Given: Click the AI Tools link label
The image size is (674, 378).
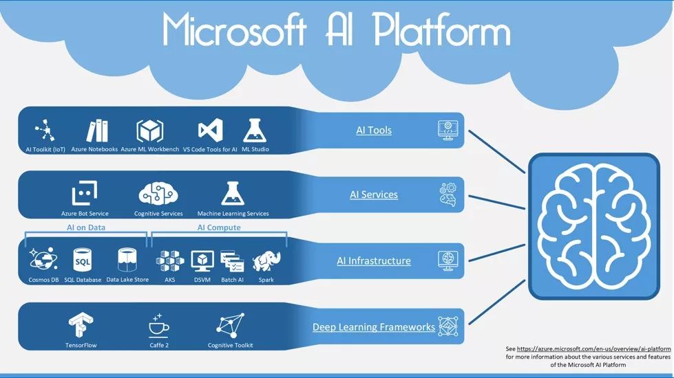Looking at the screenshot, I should pos(374,130).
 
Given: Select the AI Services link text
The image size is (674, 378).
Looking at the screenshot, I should pos(374,194).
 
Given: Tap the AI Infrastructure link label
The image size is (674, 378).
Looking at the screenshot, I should pos(374,261).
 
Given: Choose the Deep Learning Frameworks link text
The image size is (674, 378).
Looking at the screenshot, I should pos(374,327).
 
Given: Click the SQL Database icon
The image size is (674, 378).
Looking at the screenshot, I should pos(83,260).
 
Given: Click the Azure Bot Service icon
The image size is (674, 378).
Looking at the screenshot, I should pos(85,194).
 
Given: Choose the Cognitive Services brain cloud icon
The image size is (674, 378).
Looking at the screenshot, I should pos(158,194).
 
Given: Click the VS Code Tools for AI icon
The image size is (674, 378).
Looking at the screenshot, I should pos(210,130).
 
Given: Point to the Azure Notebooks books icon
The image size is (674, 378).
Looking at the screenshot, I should pos(97,130).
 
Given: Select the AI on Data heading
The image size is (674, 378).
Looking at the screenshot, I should pos(86,227).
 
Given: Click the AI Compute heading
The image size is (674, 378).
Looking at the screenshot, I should pos(219,227).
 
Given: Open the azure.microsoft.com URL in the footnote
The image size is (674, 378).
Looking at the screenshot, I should pos(593,349).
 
